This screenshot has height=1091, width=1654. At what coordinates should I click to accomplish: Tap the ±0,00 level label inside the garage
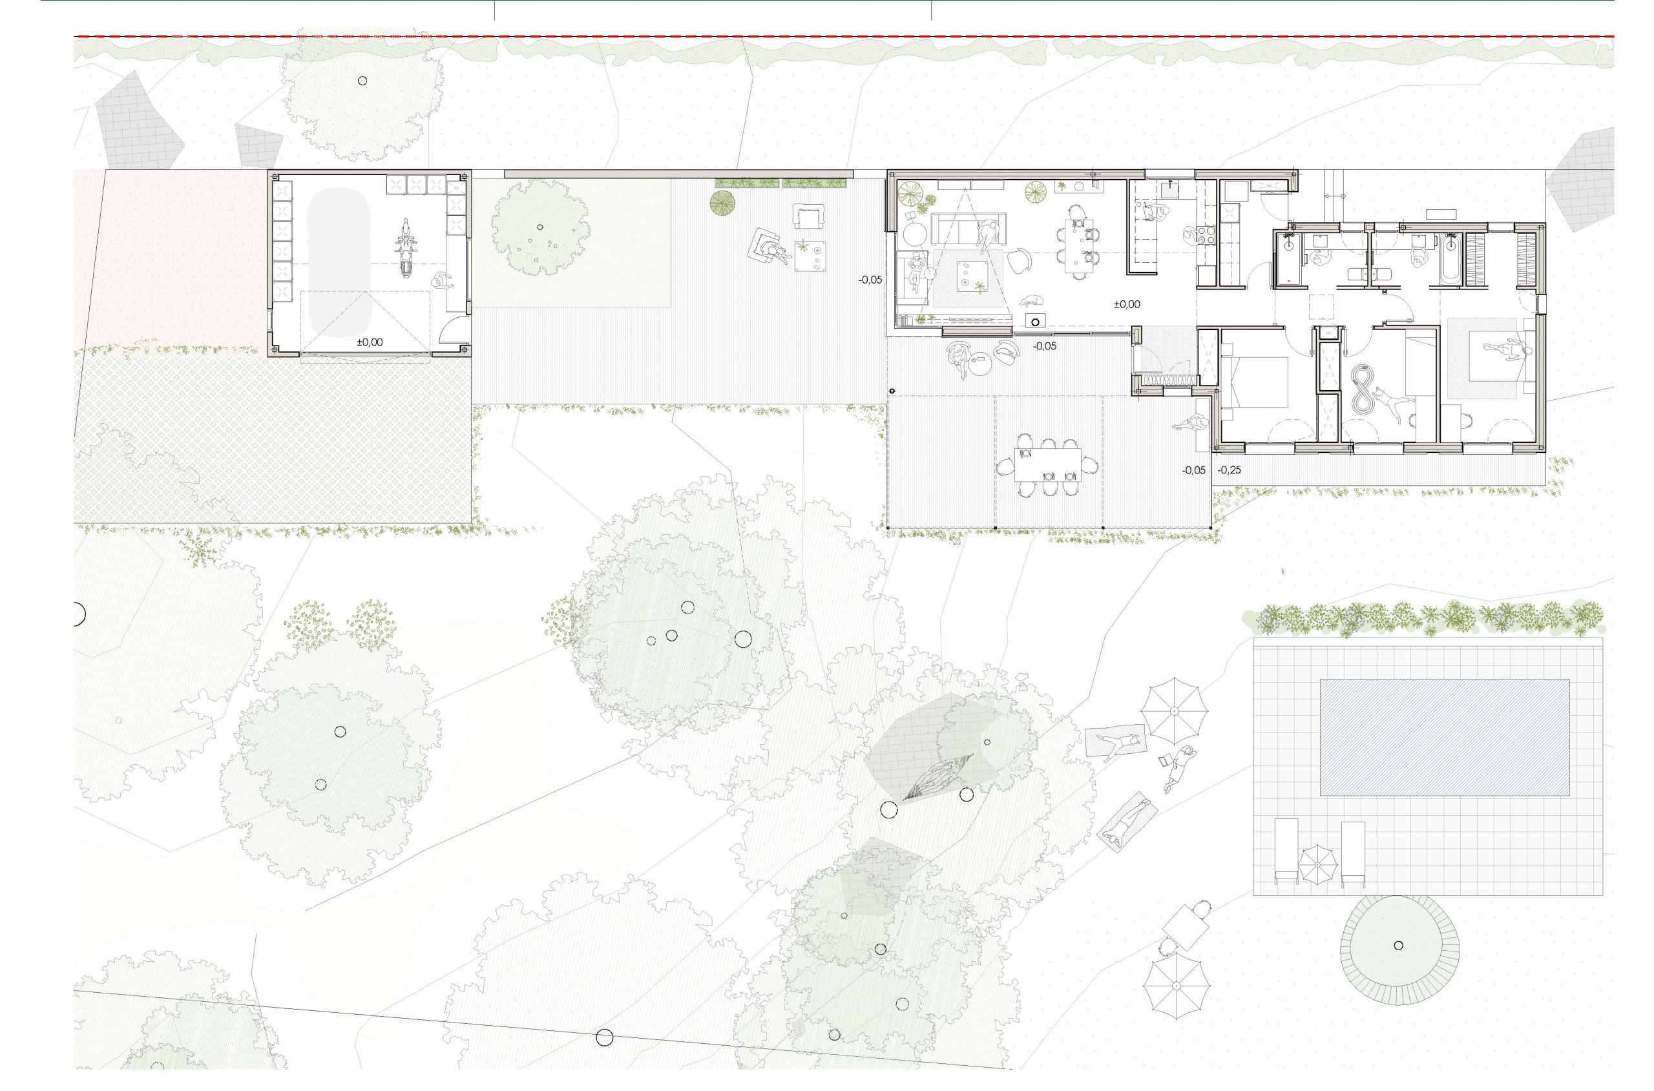[370, 342]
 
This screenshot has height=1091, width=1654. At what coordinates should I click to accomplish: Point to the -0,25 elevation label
[1230, 470]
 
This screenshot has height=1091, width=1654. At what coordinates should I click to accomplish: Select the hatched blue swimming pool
[1445, 738]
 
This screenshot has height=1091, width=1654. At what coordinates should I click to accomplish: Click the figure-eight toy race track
[1362, 390]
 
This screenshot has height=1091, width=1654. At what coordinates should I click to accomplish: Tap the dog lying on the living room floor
[1031, 301]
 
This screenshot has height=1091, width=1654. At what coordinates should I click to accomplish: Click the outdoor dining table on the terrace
[1047, 466]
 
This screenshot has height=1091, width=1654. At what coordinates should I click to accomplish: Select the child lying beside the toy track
[1390, 406]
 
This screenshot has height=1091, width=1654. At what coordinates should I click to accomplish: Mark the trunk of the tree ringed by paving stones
[1399, 945]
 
